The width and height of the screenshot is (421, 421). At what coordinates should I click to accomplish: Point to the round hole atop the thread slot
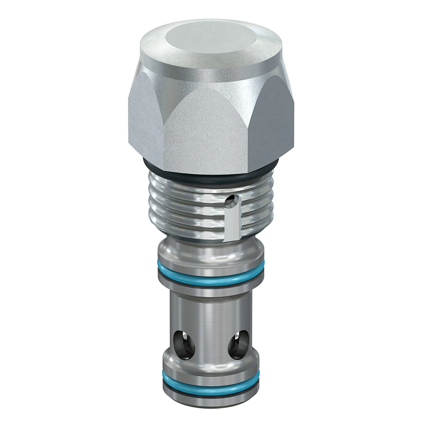pos(230,202)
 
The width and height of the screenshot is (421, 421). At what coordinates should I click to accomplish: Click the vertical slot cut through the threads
pos(232,223)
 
